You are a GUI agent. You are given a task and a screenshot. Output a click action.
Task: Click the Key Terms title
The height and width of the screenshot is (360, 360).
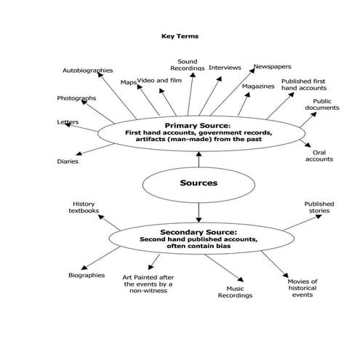coord(180,35)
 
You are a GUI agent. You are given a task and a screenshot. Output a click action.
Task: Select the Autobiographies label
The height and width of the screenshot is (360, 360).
coord(87,71)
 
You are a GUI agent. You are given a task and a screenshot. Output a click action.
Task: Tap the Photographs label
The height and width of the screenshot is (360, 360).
coord(76,98)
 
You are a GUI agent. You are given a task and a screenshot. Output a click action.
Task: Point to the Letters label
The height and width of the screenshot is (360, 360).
coord(68,122)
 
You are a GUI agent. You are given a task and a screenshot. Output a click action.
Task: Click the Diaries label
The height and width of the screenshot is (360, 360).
coord(68,161)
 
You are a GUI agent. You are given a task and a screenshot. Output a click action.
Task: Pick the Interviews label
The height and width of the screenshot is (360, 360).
coord(225,68)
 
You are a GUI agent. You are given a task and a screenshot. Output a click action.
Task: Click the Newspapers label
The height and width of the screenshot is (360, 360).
coord(273,67)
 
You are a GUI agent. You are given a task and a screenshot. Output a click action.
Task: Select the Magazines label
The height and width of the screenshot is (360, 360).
coord(258,86)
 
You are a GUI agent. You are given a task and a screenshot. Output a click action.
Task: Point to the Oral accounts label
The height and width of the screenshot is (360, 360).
coord(319,156)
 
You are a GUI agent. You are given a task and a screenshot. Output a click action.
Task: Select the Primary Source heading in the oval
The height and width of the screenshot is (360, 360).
coord(197,125)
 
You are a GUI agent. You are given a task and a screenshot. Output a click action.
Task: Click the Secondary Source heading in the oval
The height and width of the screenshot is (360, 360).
coord(198,233)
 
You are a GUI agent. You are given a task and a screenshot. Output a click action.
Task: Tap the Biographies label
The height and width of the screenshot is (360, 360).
coord(87,276)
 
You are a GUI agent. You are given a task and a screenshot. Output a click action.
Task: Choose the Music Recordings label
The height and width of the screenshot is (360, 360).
coord(235,292)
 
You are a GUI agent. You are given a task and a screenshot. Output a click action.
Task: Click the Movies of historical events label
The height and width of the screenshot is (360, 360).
coord(303,287)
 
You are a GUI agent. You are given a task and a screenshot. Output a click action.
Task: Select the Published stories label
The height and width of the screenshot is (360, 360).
coord(318,207)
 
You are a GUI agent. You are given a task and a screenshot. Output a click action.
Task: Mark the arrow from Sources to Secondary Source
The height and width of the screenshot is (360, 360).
coord(198,214)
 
